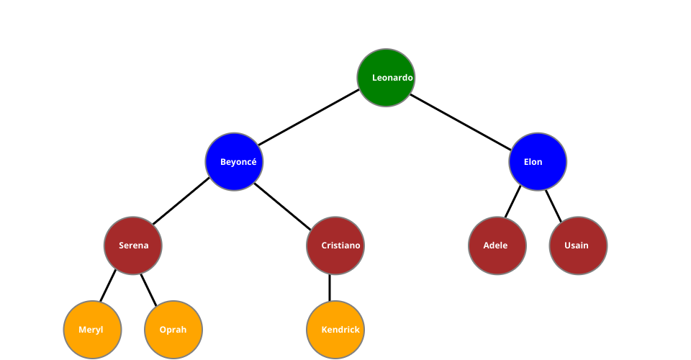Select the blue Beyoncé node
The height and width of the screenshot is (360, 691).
[234, 162]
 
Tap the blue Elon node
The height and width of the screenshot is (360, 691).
[538, 162]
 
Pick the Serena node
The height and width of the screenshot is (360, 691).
[133, 246]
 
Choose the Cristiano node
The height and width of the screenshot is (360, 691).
[335, 246]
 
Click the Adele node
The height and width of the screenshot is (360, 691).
[497, 246]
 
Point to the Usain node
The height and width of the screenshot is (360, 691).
[578, 246]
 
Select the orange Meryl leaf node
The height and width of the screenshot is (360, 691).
[92, 330]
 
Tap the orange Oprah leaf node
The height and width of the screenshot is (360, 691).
[173, 330]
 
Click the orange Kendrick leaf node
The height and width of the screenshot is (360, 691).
[335, 330]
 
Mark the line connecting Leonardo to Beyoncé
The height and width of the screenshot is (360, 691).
[310, 119]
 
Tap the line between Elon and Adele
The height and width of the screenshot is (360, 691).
[512, 202]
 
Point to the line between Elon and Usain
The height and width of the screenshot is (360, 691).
[553, 202]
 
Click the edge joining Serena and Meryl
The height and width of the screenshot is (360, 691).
[107, 287]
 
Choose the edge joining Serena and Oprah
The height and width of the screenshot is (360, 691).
[148, 287]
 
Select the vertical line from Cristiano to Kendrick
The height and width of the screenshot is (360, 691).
[330, 287]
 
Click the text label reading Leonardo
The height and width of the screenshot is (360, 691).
[392, 78]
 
